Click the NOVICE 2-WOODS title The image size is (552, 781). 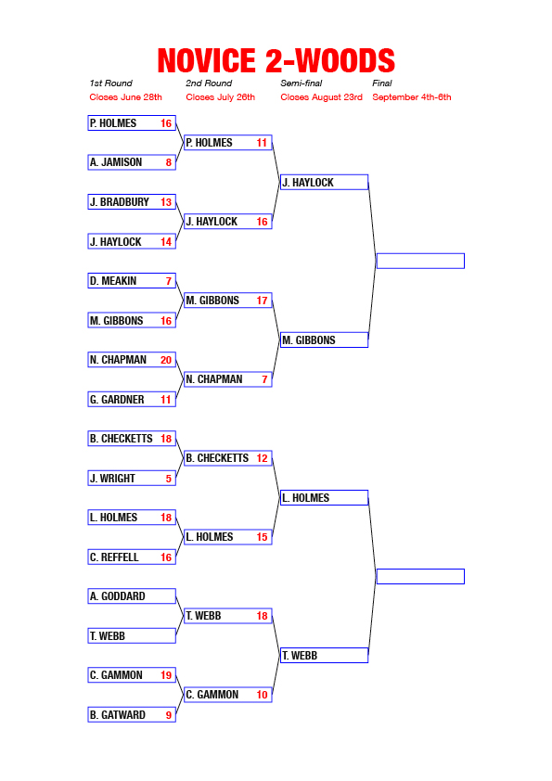click(x=276, y=61)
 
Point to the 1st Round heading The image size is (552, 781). click(x=110, y=83)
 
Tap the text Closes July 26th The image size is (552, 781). click(x=220, y=97)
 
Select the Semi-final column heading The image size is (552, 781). click(x=301, y=83)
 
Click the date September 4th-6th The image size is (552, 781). click(x=412, y=97)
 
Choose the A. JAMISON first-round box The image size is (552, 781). click(x=132, y=162)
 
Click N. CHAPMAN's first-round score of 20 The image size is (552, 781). click(x=166, y=360)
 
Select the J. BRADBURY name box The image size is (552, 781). click(x=132, y=201)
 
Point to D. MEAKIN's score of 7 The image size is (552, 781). click(x=169, y=281)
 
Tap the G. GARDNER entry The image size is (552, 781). click(x=132, y=400)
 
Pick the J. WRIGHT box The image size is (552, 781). click(x=132, y=479)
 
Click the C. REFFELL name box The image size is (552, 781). click(x=132, y=557)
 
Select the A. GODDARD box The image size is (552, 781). click(x=132, y=596)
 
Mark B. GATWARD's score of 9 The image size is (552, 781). click(x=169, y=715)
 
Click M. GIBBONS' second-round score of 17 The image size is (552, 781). click(x=262, y=301)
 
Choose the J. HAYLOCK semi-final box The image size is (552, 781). click(x=325, y=183)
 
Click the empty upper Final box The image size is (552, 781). click(x=420, y=261)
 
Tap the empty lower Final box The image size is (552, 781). click(x=420, y=576)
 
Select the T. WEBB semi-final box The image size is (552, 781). click(x=325, y=656)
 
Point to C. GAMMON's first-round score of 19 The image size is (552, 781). click(x=166, y=675)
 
